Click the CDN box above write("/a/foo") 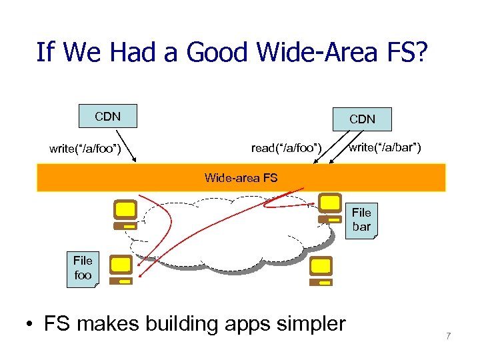(107, 117)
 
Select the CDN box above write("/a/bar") (362, 119)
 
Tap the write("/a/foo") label (85, 148)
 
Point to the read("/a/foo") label (286, 147)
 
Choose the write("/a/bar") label (385, 147)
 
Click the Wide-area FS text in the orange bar (241, 177)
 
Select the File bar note (361, 220)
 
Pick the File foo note (83, 268)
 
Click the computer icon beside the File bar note (329, 208)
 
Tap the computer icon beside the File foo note (121, 269)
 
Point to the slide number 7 (448, 336)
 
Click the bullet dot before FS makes (31, 325)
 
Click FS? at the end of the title (406, 51)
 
